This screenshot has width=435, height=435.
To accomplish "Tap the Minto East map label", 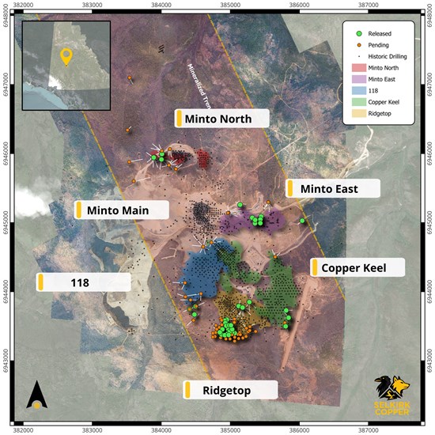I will click(x=332, y=188).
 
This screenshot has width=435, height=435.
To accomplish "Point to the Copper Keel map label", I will click(x=357, y=267).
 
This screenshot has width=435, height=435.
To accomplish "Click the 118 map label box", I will click(x=84, y=282).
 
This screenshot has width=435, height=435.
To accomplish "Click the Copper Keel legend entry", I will click(x=388, y=103).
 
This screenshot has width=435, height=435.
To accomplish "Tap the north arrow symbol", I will click(x=36, y=395).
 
